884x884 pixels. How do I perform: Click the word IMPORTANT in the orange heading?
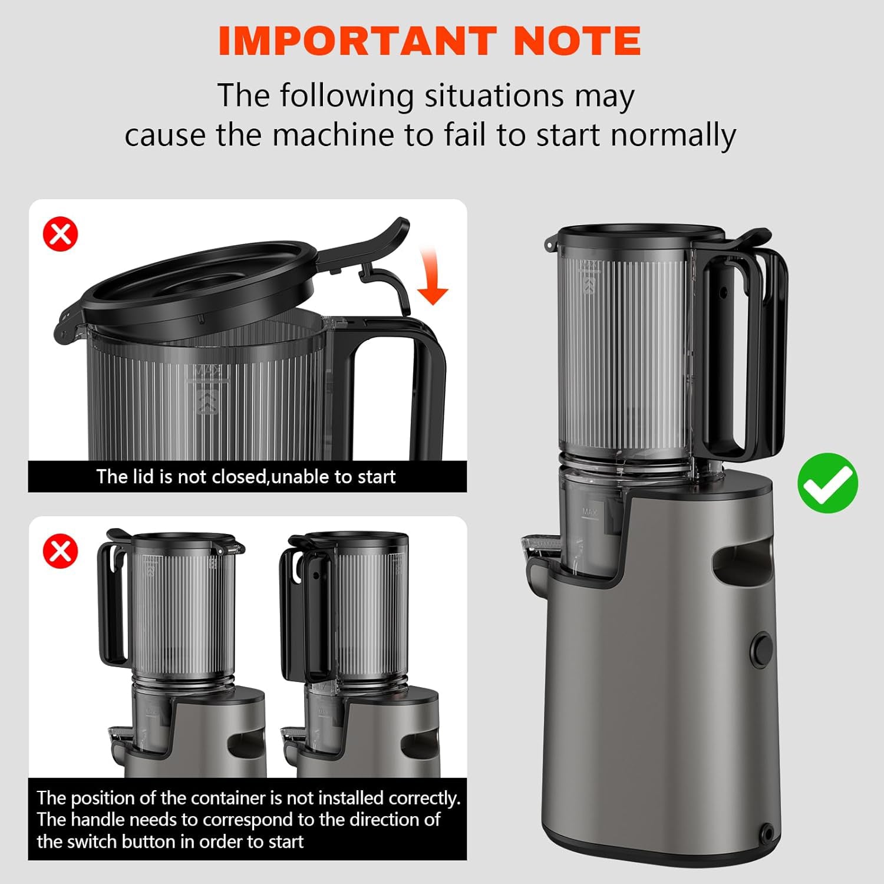(357, 41)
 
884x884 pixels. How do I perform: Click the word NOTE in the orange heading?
(577, 41)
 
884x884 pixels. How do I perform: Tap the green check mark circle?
(827, 483)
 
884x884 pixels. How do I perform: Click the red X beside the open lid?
(61, 234)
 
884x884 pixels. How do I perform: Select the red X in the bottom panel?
(61, 551)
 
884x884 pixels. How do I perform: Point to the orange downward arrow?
(433, 277)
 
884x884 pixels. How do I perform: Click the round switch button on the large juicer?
(761, 649)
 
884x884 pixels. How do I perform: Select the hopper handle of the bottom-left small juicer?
(112, 601)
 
